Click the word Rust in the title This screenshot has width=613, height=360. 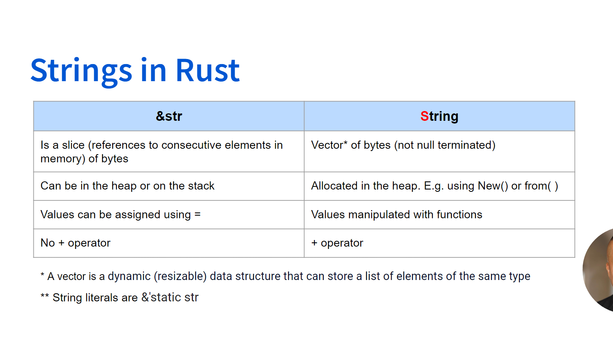click(208, 71)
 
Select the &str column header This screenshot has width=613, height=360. click(169, 116)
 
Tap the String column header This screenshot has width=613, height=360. click(439, 116)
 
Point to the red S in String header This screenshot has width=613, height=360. click(424, 116)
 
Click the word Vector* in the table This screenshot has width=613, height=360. click(329, 145)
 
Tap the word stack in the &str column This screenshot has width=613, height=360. click(201, 186)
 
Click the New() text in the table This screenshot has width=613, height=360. click(493, 186)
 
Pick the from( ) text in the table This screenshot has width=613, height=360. click(541, 186)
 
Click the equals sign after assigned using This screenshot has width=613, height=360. click(198, 214)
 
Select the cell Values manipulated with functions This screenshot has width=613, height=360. click(396, 214)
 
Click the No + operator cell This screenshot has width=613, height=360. click(75, 243)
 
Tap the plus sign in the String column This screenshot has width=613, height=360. click(314, 243)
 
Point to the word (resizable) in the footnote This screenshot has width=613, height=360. click(180, 276)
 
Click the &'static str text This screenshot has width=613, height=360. click(170, 297)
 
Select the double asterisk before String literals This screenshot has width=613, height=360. click(45, 297)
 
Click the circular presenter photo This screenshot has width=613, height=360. click(600, 270)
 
